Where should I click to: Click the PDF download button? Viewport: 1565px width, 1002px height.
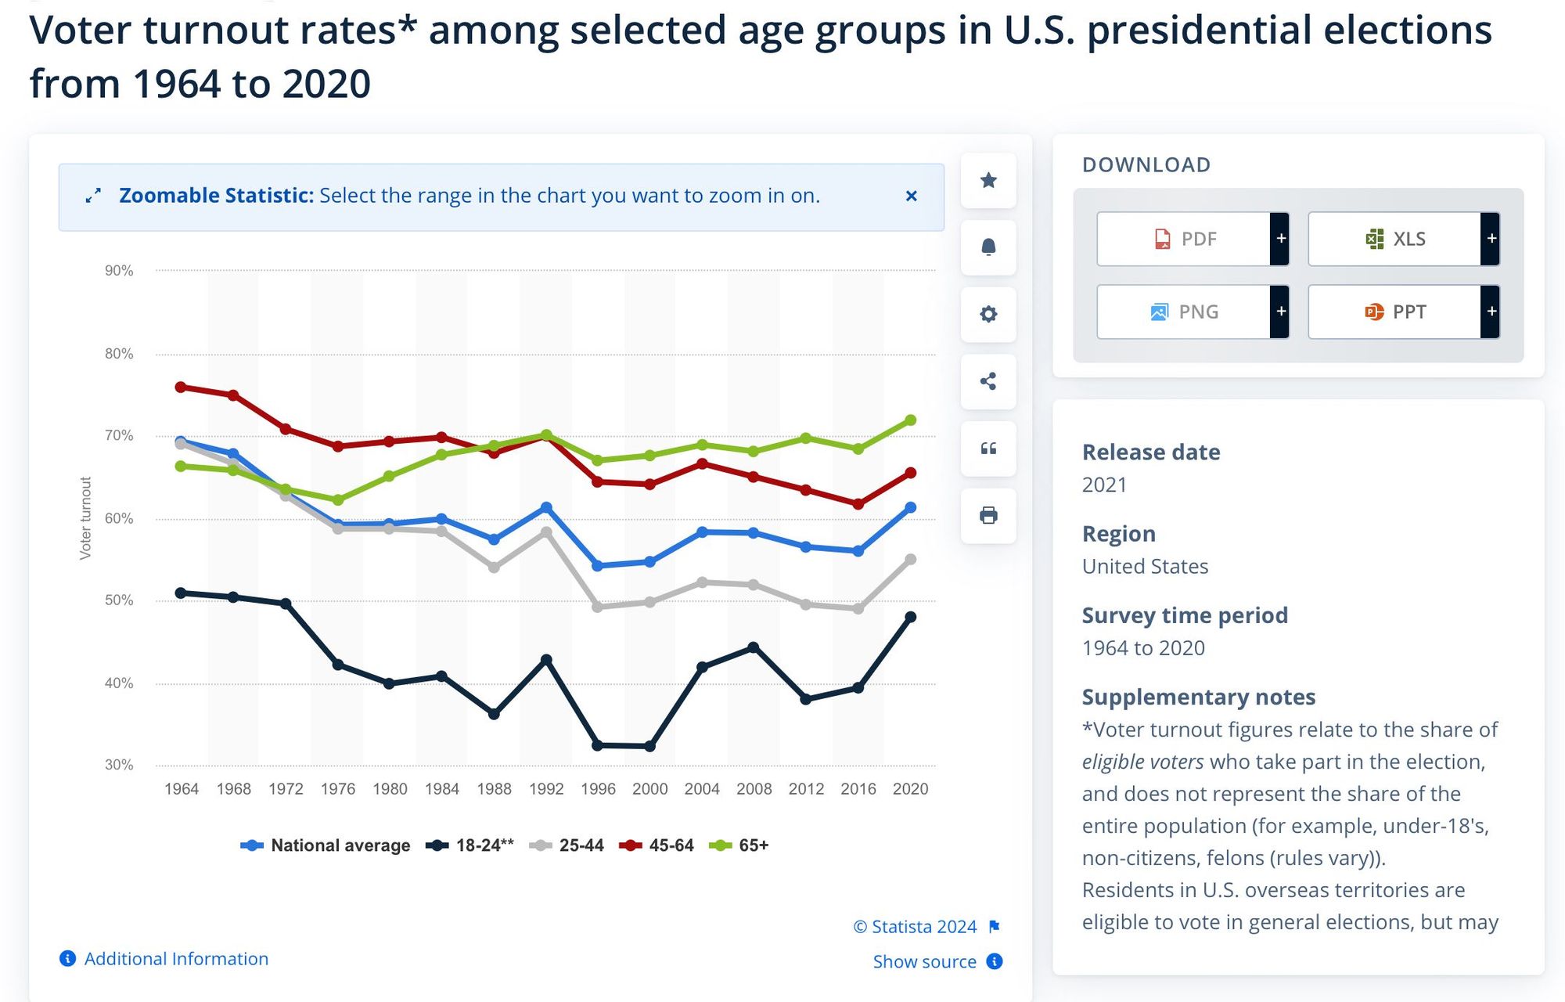coord(1184,239)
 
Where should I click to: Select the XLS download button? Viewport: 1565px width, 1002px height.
coord(1395,239)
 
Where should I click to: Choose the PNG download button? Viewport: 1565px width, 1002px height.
coord(1184,312)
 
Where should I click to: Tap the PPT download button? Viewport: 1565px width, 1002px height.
coord(1395,312)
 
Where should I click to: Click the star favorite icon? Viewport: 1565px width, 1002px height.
coord(988,181)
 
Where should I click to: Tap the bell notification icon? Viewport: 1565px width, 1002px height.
coord(988,247)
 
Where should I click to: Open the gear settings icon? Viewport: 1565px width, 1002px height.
coord(988,314)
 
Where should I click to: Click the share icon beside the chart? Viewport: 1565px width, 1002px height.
coord(988,381)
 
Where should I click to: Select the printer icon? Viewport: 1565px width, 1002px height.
coord(988,515)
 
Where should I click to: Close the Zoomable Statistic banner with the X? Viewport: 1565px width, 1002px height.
coord(911,196)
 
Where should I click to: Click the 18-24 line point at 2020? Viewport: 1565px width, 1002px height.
coord(910,617)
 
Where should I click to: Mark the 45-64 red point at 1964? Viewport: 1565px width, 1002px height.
coord(181,387)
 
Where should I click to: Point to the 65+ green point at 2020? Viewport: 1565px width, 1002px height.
coord(910,420)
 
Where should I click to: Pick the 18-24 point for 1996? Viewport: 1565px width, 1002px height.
coord(598,745)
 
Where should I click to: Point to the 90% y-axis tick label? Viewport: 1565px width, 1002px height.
coord(119,271)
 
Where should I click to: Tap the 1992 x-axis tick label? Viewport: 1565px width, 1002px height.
coord(546,789)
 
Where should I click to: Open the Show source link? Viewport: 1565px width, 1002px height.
coord(925,961)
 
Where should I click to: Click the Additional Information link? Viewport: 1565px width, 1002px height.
coord(176,959)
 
